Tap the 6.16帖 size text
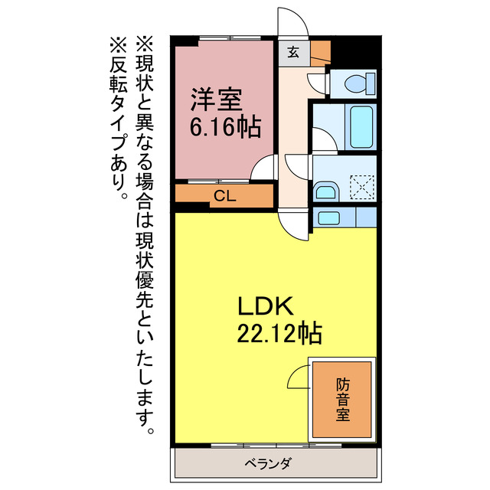point(225,126)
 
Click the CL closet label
point(224,196)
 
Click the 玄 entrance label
point(294,52)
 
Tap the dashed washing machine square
point(360,185)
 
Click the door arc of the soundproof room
point(298,378)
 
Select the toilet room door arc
point(316,82)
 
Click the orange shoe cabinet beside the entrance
point(320,52)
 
